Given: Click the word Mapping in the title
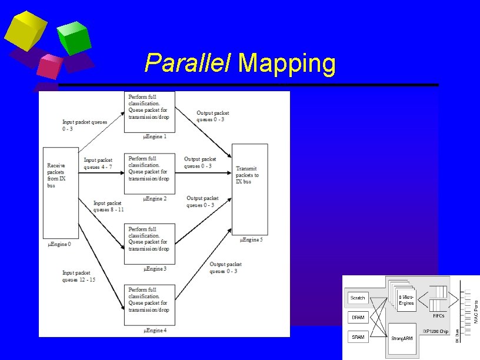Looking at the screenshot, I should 287,64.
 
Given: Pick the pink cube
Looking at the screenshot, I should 49,66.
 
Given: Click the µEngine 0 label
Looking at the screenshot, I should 59,244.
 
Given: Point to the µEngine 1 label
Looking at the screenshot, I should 155,136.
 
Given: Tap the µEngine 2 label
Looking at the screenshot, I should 155,199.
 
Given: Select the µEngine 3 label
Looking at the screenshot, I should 155,269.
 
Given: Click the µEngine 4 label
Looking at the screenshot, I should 155,331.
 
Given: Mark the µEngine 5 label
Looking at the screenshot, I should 252,239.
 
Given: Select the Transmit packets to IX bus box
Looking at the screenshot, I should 250,188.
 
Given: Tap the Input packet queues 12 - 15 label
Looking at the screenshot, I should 79,276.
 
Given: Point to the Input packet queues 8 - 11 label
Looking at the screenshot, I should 108,206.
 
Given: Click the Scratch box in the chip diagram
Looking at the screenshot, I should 358,298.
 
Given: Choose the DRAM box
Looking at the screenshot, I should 358,318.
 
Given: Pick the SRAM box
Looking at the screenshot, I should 358,337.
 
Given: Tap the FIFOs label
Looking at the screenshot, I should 438,316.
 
